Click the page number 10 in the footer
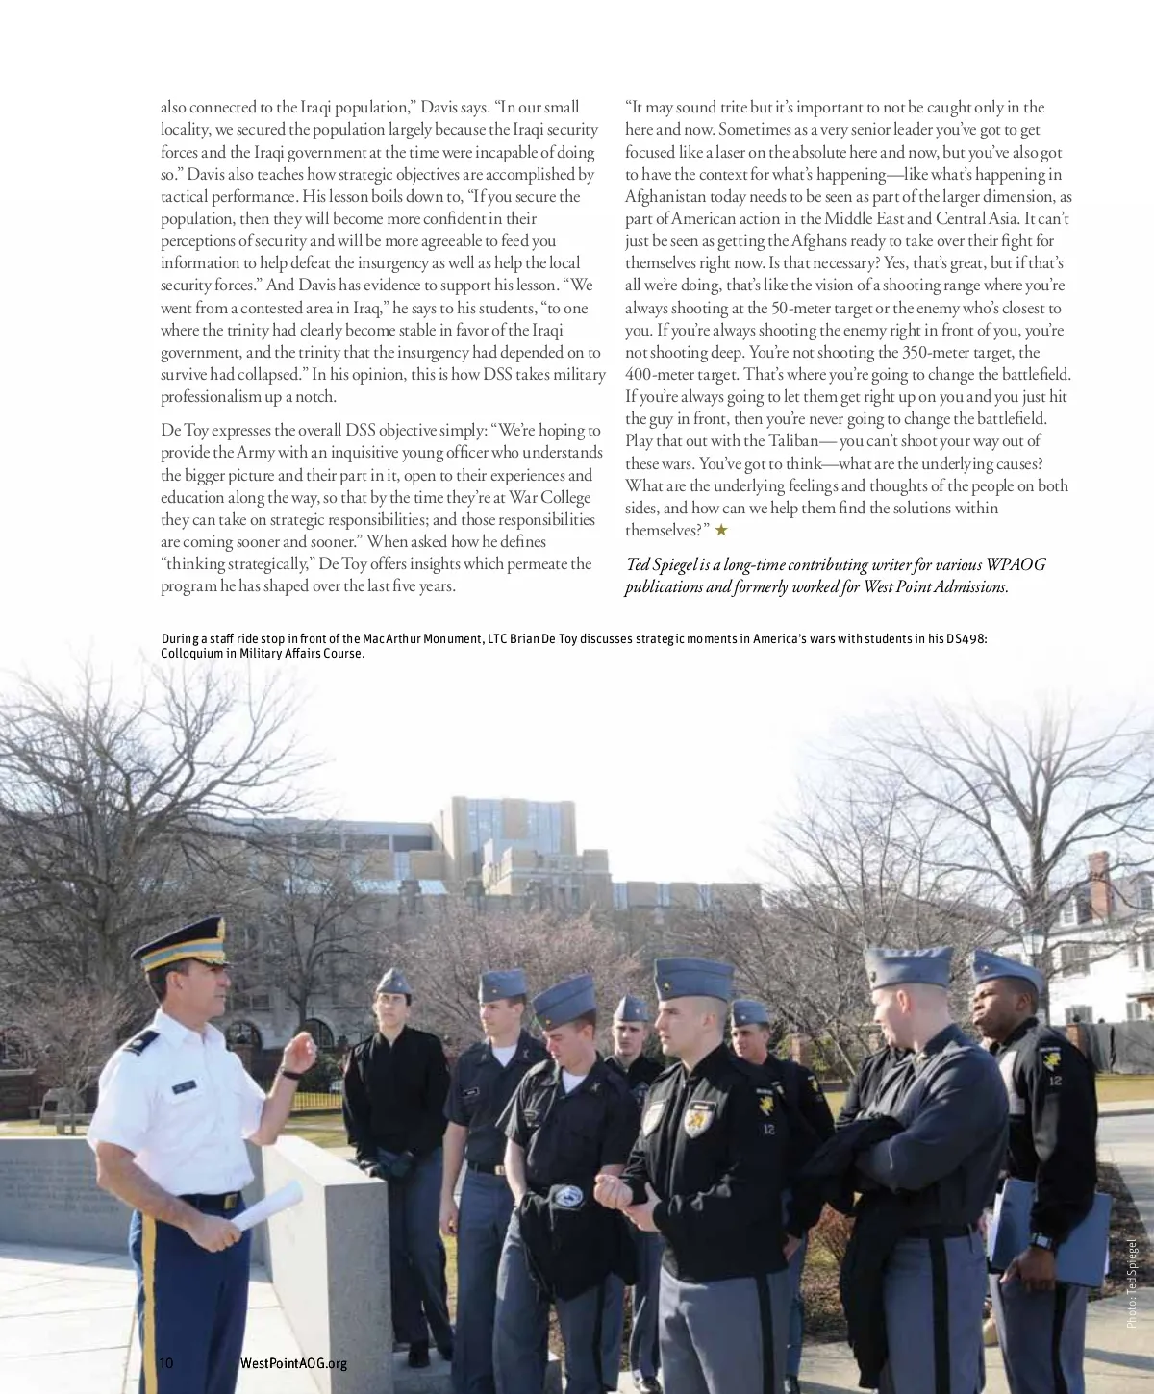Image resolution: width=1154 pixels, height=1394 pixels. click(166, 1362)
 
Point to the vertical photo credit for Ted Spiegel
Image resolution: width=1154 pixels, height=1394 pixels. click(1132, 1283)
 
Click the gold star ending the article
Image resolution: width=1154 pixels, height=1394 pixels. click(721, 530)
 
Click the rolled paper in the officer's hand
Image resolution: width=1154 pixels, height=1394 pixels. click(267, 1206)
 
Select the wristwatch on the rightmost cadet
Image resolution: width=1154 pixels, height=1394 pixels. click(1041, 1241)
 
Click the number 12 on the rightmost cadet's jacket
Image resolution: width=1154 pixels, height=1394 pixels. click(1055, 1080)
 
